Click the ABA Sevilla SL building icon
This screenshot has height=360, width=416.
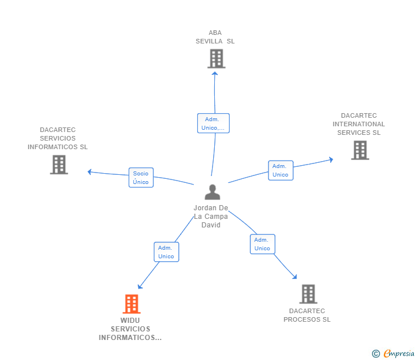[216, 58]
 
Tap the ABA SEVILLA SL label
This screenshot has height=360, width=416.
[215, 37]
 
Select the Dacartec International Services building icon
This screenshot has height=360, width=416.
[359, 150]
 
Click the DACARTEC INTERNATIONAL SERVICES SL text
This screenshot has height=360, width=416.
[359, 124]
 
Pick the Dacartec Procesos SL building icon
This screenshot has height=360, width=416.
[308, 294]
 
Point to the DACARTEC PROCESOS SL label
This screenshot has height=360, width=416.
[307, 315]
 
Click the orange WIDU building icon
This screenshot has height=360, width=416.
[131, 304]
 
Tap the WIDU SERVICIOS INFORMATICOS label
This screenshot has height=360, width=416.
[130, 329]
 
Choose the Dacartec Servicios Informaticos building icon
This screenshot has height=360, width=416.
[59, 165]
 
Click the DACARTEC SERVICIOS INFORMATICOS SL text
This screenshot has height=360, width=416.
[58, 138]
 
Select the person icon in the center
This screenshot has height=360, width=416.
[212, 192]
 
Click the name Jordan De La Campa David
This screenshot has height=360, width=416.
[211, 216]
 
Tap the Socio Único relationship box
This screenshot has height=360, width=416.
[141, 178]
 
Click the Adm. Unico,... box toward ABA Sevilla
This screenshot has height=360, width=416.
[213, 123]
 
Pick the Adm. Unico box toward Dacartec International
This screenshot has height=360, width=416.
[281, 170]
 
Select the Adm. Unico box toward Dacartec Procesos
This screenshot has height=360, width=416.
[262, 244]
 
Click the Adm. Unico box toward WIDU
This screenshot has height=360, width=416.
[166, 252]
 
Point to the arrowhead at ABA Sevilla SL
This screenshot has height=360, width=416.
[215, 73]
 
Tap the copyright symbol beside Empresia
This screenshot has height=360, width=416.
[376, 354]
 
